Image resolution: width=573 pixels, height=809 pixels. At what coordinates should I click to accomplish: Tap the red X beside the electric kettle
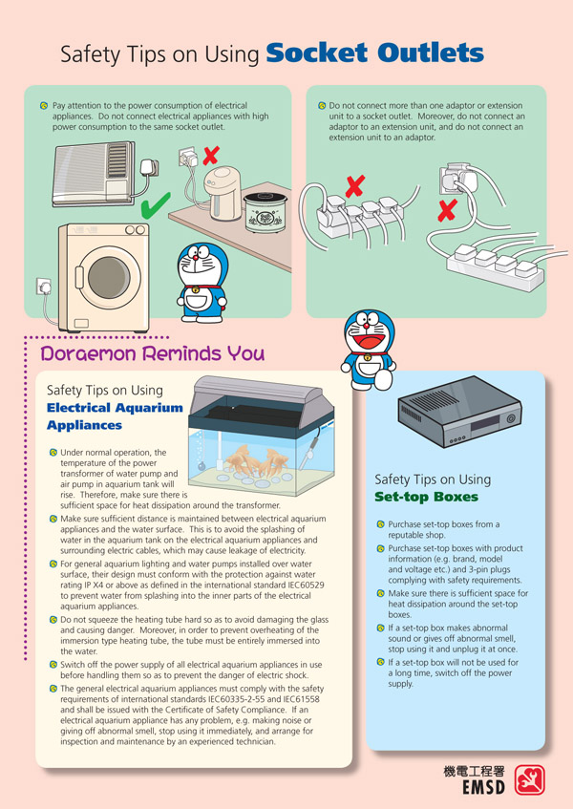pyautogui.click(x=211, y=156)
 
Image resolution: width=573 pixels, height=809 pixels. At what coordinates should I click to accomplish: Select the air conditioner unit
pyautogui.click(x=94, y=174)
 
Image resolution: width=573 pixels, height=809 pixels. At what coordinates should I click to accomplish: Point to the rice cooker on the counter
pyautogui.click(x=265, y=212)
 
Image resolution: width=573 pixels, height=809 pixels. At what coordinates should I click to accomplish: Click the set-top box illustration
pyautogui.click(x=459, y=412)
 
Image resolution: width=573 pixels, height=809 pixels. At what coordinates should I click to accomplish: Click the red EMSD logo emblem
pyautogui.click(x=529, y=779)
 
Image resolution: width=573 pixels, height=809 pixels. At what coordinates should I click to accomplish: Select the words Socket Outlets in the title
pyautogui.click(x=375, y=53)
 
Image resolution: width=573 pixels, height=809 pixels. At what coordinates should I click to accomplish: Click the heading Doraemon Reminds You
pyautogui.click(x=153, y=353)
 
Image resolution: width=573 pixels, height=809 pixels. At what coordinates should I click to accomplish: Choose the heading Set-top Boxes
pyautogui.click(x=427, y=497)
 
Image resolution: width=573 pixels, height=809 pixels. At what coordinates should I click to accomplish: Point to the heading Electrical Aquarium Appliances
pyautogui.click(x=115, y=416)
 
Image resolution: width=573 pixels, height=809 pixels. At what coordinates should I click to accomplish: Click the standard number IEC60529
pyautogui.click(x=306, y=585)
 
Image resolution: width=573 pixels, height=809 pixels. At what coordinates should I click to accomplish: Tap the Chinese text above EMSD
pyautogui.click(x=474, y=772)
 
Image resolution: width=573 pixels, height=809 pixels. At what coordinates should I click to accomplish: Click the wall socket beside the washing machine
pyautogui.click(x=43, y=287)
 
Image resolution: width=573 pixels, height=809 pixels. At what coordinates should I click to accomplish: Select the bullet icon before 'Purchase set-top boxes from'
pyautogui.click(x=381, y=524)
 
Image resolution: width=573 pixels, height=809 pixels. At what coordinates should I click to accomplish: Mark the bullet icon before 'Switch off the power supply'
pyautogui.click(x=53, y=665)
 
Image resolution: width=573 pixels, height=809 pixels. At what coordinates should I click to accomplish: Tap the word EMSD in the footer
pyautogui.click(x=483, y=787)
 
